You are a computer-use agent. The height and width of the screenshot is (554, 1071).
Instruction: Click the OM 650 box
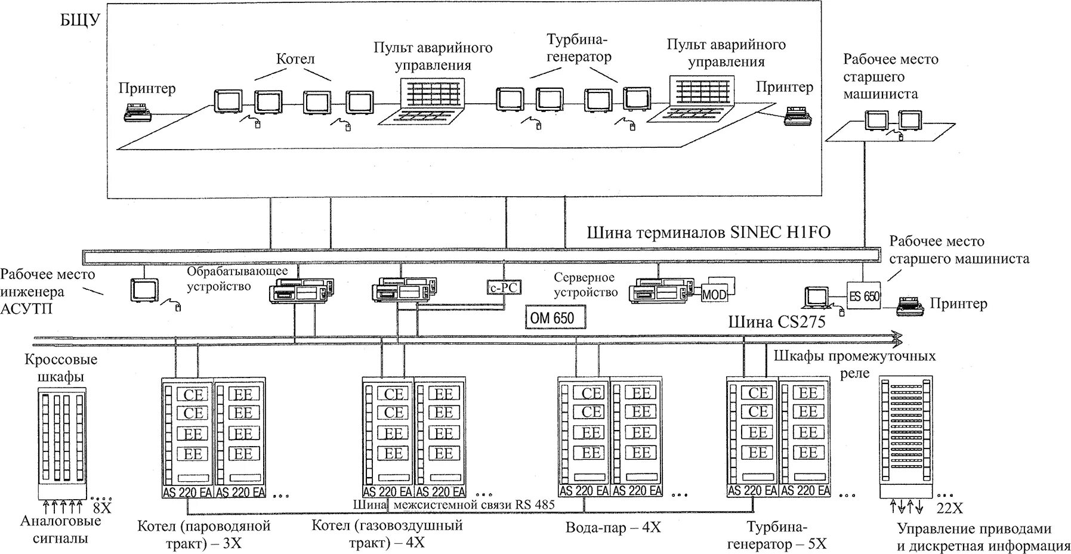pos(555,318)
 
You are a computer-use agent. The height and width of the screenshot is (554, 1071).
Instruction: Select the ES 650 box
pos(863,296)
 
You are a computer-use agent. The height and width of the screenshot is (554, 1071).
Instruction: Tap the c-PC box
pos(503,287)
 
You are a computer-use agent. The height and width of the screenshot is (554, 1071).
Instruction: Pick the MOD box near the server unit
pos(714,294)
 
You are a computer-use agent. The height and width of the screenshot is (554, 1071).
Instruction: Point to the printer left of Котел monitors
pos(138,112)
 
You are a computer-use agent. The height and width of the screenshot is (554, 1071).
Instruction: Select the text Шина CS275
pos(776,323)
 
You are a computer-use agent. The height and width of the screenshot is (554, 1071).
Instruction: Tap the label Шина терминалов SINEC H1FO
pos(708,232)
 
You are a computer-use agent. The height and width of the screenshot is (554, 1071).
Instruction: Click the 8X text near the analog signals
pos(103,509)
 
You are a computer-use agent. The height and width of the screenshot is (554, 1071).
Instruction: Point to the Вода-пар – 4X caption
pos(613,527)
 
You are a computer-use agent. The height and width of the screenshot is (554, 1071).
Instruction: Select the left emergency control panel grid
pos(432,93)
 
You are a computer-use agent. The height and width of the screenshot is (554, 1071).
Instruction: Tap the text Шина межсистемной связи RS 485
pos(454,505)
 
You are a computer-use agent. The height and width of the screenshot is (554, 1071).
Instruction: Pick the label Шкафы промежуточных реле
pos(855,364)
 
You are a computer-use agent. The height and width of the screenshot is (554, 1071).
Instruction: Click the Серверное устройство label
pos(585,285)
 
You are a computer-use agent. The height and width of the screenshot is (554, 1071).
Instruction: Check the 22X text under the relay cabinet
pos(949,508)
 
